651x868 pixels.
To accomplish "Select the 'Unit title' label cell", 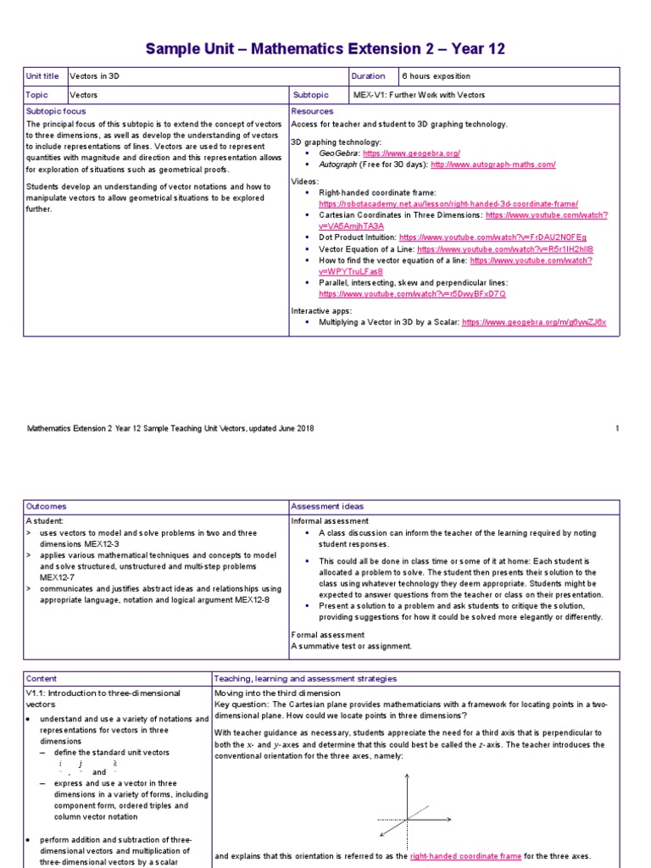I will pyautogui.click(x=42, y=76).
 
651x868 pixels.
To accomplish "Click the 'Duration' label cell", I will pyautogui.click(x=368, y=76).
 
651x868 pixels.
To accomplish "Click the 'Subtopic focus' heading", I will pyautogui.click(x=56, y=111).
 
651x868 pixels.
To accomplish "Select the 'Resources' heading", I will pyautogui.click(x=312, y=111).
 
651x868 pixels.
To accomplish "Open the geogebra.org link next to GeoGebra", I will pyautogui.click(x=411, y=153).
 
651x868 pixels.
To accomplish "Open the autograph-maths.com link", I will pyautogui.click(x=492, y=164).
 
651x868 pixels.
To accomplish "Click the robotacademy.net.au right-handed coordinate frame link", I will pyautogui.click(x=448, y=204).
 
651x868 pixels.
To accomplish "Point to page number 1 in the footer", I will pyautogui.click(x=617, y=429).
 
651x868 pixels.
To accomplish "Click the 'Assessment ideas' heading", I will pyautogui.click(x=326, y=506).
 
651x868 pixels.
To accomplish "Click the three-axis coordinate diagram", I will pyautogui.click(x=407, y=814).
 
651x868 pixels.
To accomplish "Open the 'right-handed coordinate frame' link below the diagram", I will pyautogui.click(x=465, y=856).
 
